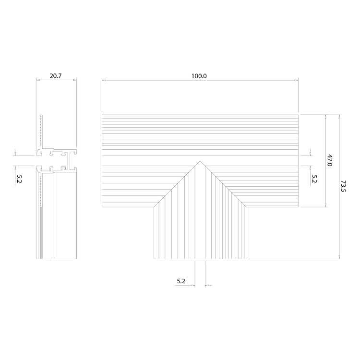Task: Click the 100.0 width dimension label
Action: (x=199, y=76)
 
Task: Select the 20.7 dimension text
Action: (x=56, y=76)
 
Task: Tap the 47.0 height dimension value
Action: (x=329, y=160)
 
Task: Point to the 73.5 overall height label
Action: (x=343, y=186)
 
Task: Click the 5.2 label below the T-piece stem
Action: (x=181, y=281)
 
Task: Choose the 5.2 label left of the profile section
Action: (x=19, y=179)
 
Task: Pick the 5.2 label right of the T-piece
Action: (x=314, y=179)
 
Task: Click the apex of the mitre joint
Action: (x=200, y=161)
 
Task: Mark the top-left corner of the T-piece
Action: (x=102, y=115)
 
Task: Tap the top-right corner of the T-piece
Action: (x=298, y=115)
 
